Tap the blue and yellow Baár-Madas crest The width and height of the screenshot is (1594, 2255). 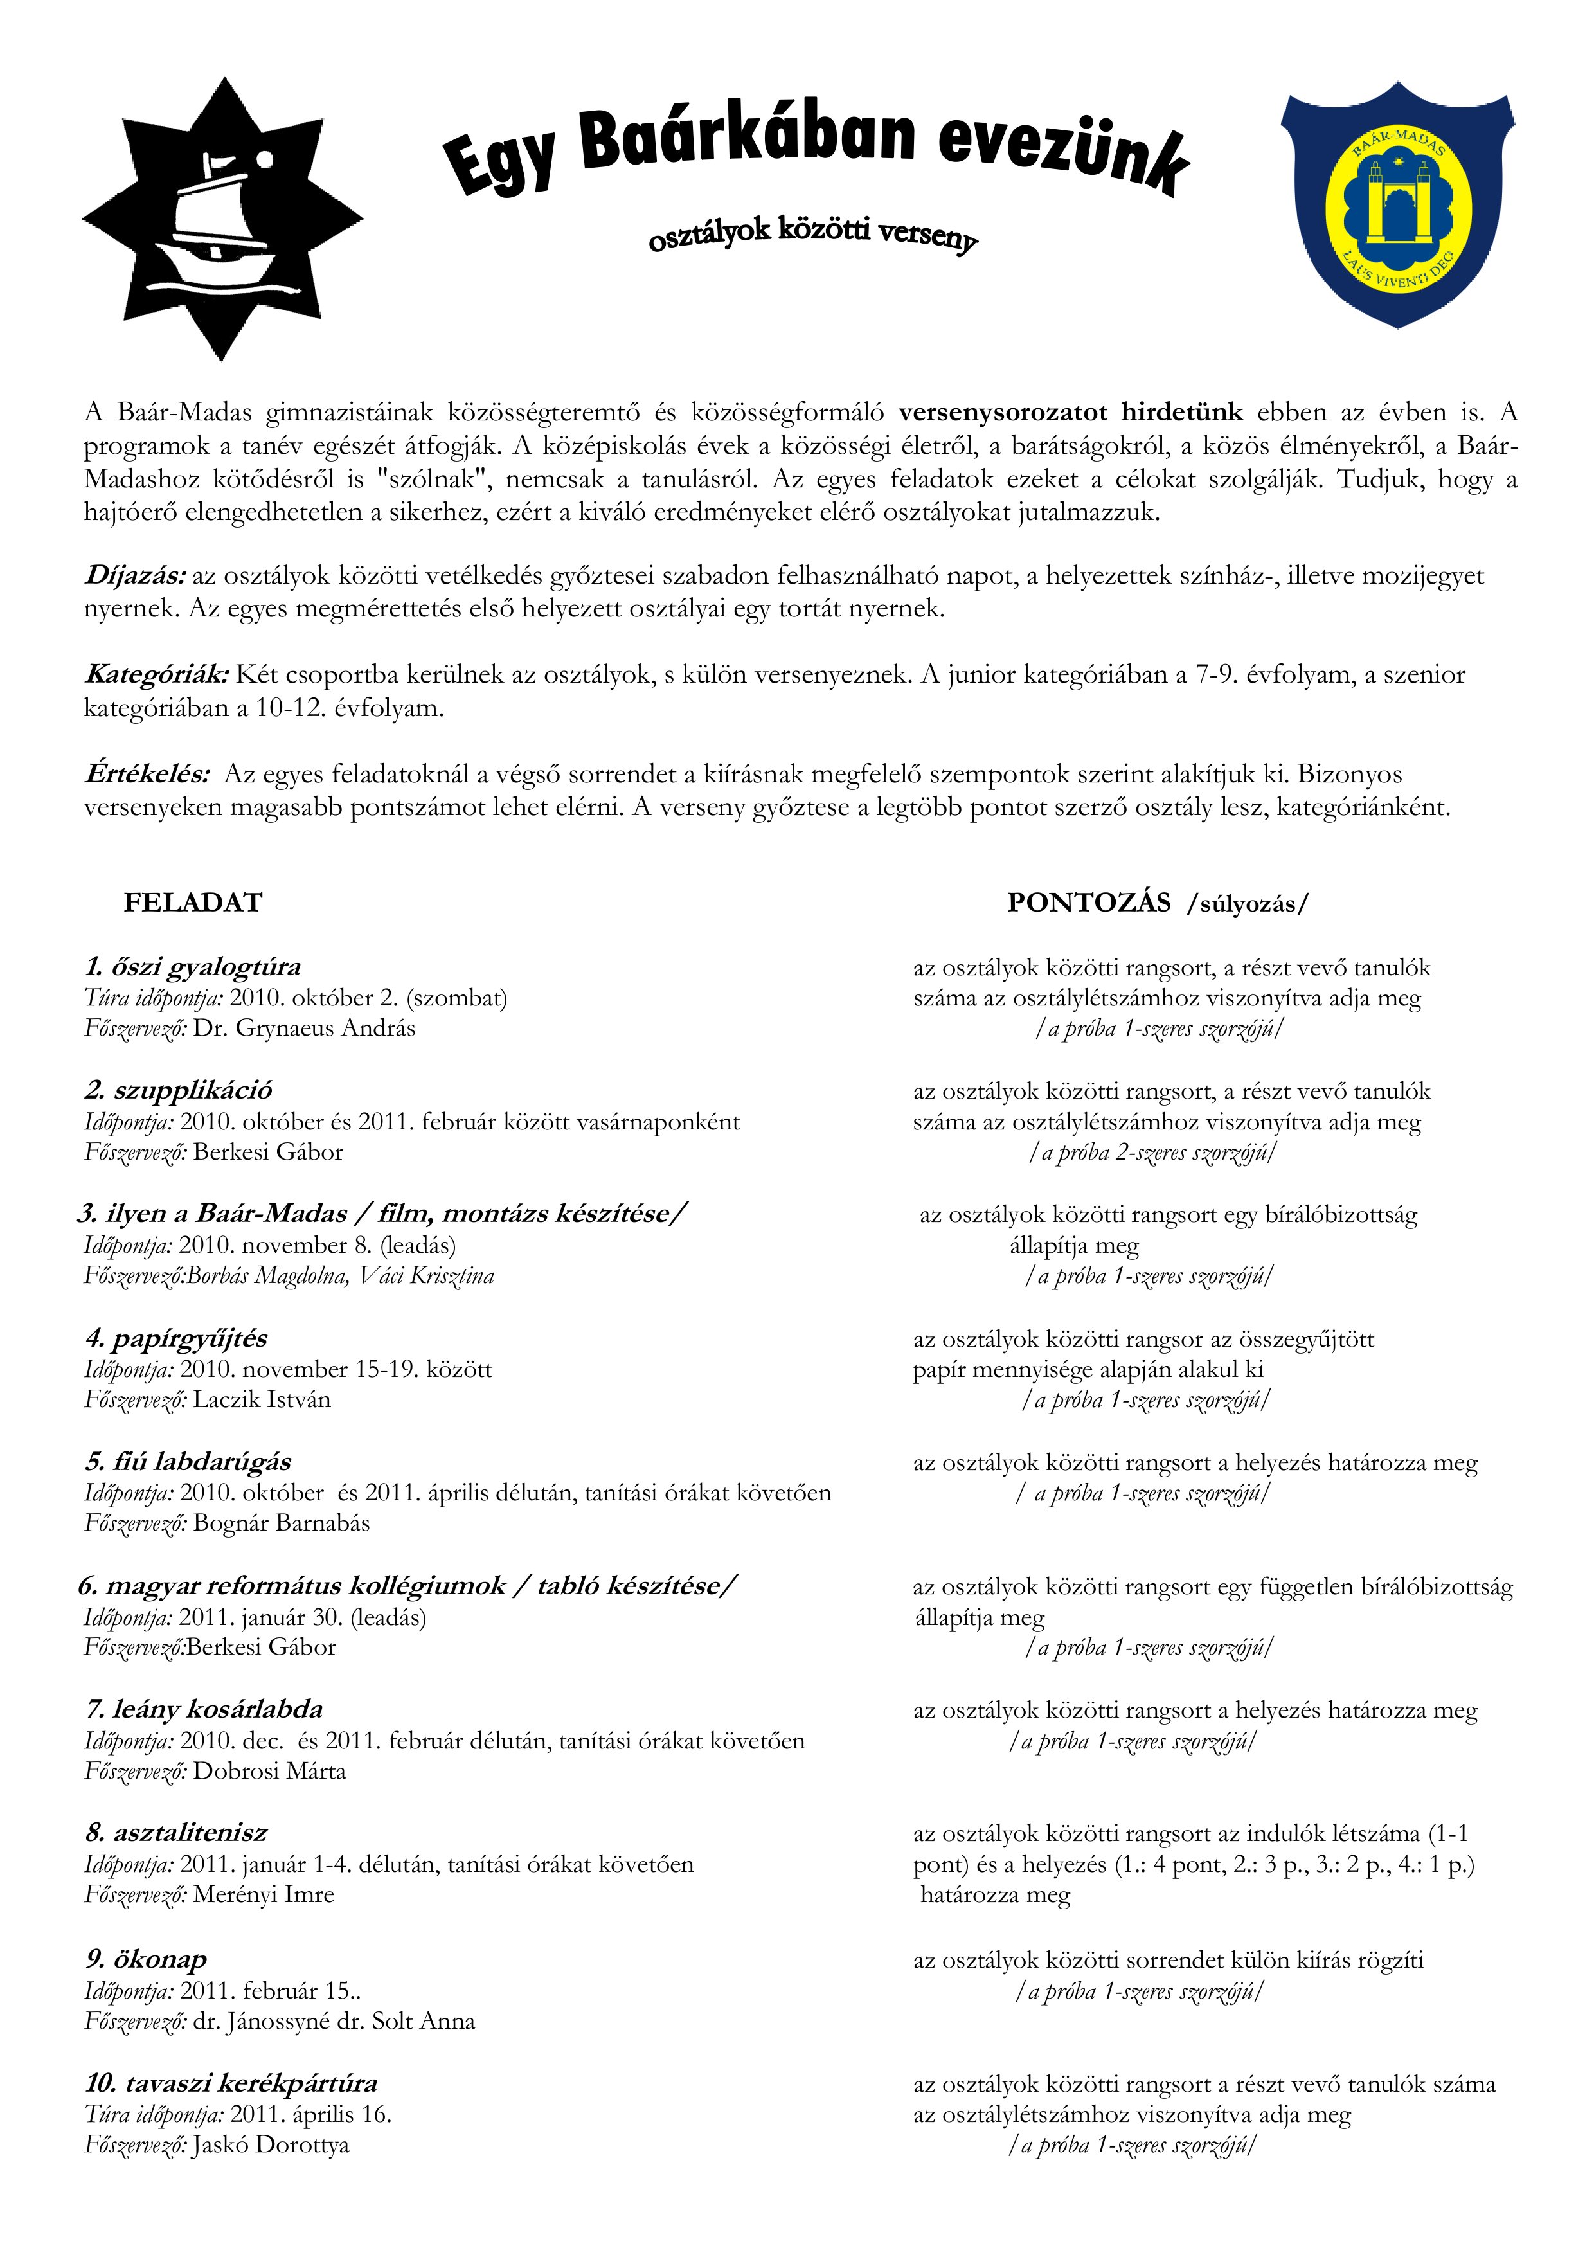pos(1397,203)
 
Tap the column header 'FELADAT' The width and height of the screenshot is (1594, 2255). pos(193,903)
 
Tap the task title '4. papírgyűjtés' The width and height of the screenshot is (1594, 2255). pos(176,1338)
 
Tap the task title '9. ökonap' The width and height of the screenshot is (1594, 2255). pos(147,1959)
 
